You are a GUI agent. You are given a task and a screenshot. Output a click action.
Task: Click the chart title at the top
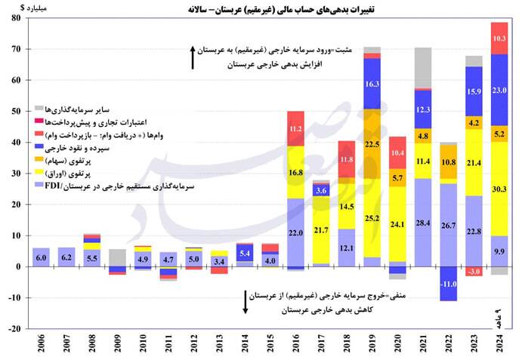click(x=260, y=9)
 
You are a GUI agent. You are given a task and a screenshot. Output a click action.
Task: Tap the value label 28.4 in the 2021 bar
click(x=424, y=222)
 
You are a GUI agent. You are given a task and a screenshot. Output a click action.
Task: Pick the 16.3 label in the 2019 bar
click(x=372, y=85)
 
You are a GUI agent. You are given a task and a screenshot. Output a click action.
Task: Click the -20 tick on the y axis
click(x=14, y=328)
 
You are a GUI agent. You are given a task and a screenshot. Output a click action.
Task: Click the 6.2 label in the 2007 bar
click(x=66, y=257)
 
